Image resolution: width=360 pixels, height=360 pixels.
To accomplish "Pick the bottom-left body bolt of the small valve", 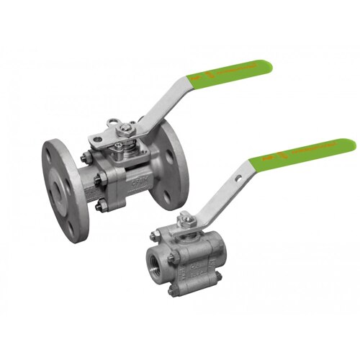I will pyautogui.click(x=173, y=291).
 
